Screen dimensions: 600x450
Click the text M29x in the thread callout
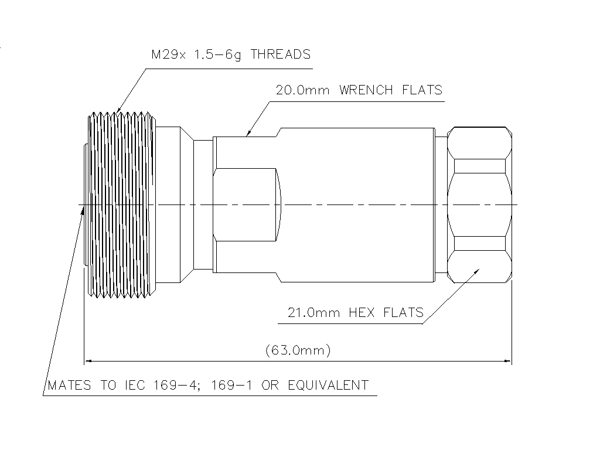coord(169,54)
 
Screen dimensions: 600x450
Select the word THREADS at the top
coord(281,54)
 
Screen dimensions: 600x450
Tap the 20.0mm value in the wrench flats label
coord(302,90)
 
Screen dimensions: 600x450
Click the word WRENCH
coord(366,90)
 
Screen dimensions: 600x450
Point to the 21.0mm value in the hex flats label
coord(313,313)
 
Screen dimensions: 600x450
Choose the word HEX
coord(362,313)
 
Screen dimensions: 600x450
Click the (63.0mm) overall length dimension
coord(298,350)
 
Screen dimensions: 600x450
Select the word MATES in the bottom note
coord(69,385)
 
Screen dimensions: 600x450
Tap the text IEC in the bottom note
coord(135,385)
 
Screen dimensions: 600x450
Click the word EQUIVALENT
coord(328,385)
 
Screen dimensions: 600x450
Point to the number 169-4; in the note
coord(178,385)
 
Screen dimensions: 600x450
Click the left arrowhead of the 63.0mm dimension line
coord(88,360)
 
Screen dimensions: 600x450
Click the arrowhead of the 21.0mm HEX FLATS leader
coord(476,271)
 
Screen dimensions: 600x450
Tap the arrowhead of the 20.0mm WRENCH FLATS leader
coord(248,134)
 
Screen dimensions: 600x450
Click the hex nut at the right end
coord(479,204)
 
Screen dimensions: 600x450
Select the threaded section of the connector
coord(122,204)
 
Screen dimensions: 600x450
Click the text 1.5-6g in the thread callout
coord(218,54)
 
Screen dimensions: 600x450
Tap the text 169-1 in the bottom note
coord(231,385)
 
